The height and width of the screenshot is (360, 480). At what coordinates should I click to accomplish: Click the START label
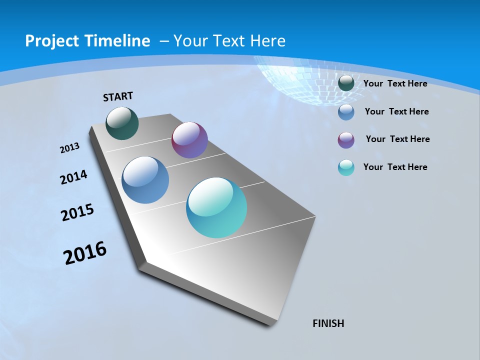point(118,96)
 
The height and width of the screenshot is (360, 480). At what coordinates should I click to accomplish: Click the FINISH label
point(328,323)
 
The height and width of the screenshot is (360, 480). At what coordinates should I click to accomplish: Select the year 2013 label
point(69,148)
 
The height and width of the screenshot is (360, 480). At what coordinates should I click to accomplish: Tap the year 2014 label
point(73,177)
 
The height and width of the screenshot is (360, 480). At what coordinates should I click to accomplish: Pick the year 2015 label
point(77,212)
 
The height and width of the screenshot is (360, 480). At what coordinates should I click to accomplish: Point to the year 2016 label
point(85,253)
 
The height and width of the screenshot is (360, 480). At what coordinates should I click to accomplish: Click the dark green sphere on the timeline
point(122,123)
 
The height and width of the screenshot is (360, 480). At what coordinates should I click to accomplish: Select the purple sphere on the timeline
point(189,140)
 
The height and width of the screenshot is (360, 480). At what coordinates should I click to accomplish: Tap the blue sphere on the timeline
point(145,180)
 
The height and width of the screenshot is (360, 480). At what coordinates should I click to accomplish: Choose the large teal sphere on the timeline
point(216,207)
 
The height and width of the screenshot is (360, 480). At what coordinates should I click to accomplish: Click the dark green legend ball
point(346,83)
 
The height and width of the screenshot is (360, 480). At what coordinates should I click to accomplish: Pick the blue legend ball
point(346,112)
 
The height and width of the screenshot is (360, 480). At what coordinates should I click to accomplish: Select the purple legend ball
point(346,140)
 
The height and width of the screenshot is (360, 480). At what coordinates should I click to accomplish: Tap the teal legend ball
point(346,167)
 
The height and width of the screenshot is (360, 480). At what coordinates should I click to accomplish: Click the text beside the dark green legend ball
point(395,83)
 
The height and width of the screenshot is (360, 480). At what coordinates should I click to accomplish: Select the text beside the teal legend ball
point(395,167)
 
